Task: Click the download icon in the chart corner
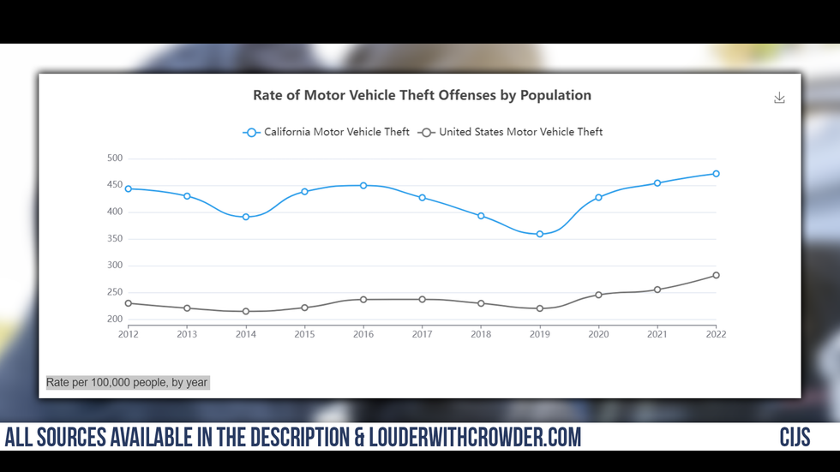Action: pos(779,98)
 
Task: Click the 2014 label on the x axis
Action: pos(246,334)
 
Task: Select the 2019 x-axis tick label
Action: pos(540,334)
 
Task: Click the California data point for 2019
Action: pos(540,234)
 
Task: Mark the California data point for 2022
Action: pos(716,174)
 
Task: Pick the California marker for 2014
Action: pos(246,217)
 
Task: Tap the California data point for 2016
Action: pos(363,185)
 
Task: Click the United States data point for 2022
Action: pos(716,275)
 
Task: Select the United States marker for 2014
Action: pos(246,311)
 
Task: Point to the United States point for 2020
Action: pos(598,295)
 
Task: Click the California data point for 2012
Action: pos(129,188)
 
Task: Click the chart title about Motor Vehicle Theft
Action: pos(422,95)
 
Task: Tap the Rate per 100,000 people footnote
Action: pos(127,382)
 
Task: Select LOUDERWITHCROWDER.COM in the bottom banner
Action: pos(475,438)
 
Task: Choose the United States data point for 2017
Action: pos(422,299)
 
